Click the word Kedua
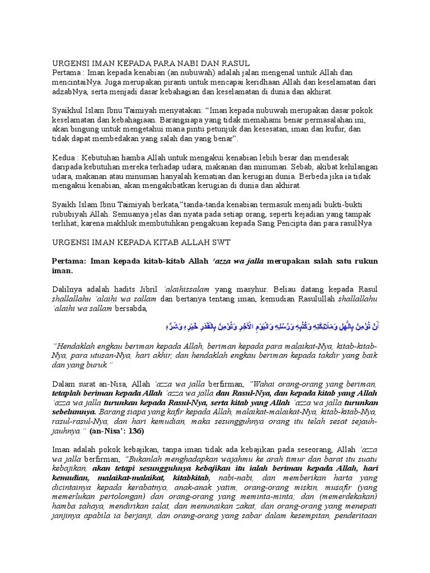[x=64, y=158]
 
